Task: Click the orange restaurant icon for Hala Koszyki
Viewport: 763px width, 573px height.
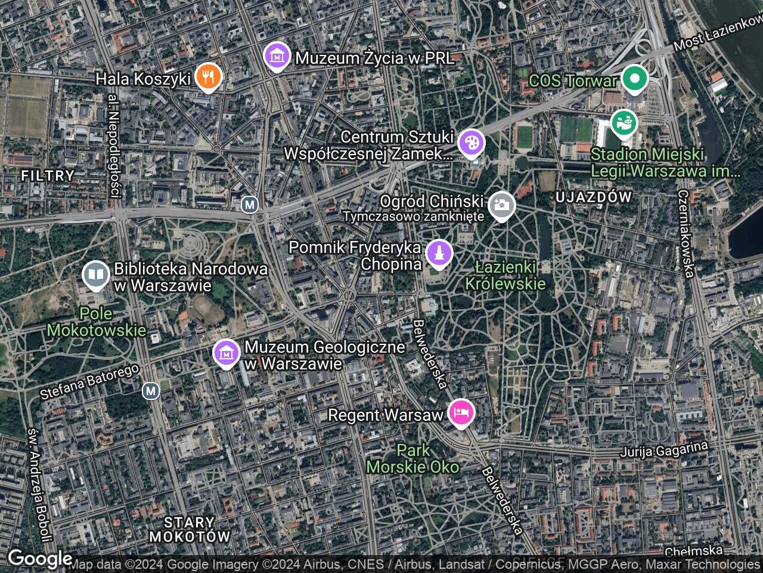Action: click(207, 76)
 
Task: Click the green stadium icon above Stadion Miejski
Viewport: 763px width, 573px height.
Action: click(624, 124)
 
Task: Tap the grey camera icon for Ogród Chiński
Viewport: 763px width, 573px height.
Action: click(501, 206)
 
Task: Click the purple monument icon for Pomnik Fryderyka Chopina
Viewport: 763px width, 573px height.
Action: click(439, 253)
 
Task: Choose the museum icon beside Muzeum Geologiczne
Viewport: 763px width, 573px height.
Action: click(227, 354)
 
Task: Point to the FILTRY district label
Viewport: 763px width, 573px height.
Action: click(48, 175)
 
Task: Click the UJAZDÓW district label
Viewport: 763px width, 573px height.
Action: click(593, 197)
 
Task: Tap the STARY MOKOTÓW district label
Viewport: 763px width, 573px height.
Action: click(190, 529)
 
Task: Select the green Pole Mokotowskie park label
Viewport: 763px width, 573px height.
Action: click(97, 322)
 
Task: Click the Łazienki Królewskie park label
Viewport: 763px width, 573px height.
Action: click(505, 275)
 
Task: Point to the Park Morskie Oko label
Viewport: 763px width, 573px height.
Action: click(412, 458)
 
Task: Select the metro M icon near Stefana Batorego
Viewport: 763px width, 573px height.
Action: click(151, 391)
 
